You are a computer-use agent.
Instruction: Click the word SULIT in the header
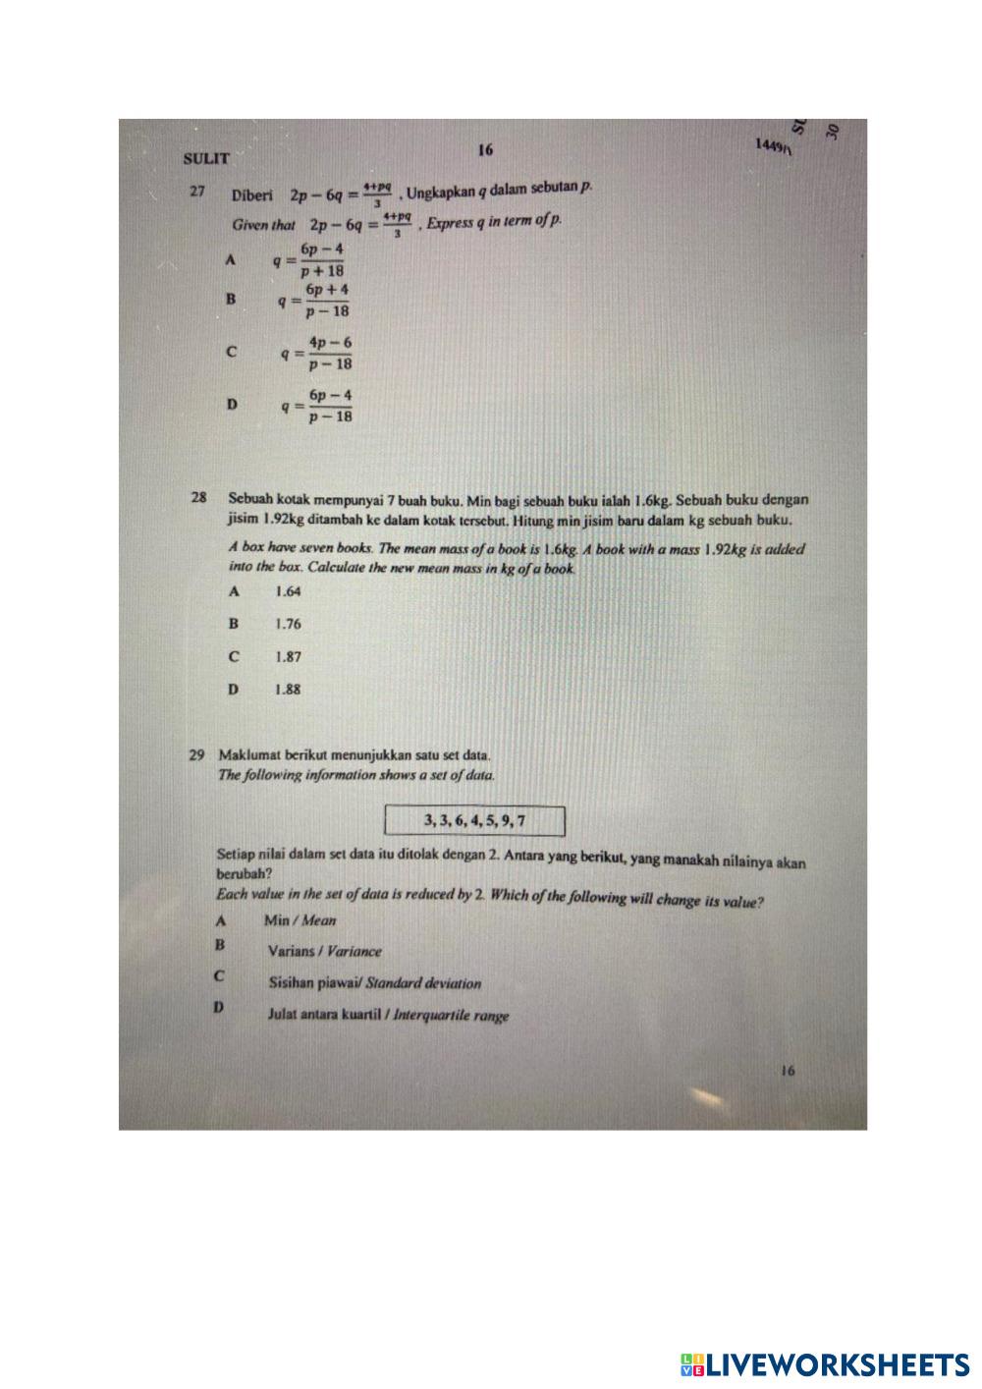(x=206, y=157)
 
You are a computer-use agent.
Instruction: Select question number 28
(x=199, y=498)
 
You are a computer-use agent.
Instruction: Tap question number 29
(x=197, y=755)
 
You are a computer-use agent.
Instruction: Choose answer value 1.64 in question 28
(x=288, y=591)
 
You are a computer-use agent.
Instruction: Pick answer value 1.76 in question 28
(x=288, y=624)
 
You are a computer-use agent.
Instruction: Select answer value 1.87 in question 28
(x=288, y=656)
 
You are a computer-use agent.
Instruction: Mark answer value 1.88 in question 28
(x=288, y=689)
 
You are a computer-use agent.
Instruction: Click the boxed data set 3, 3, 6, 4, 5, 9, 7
(x=475, y=820)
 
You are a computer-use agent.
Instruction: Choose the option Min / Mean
(x=300, y=920)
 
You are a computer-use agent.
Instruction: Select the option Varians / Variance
(x=324, y=951)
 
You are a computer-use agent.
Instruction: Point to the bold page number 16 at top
(x=485, y=150)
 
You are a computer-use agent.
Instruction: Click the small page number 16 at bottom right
(x=788, y=1072)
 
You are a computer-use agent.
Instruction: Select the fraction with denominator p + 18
(x=321, y=260)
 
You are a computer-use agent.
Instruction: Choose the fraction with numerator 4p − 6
(x=329, y=353)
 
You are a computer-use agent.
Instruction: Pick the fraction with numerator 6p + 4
(x=326, y=301)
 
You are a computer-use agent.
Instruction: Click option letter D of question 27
(x=232, y=404)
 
